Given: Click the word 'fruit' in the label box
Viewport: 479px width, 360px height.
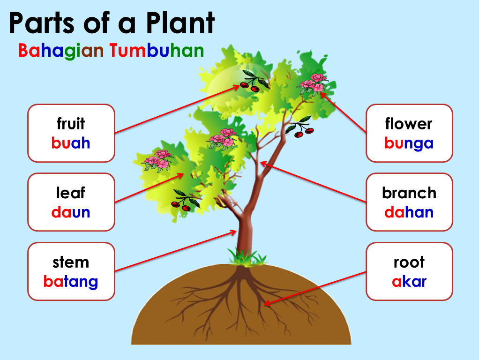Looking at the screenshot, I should (71, 124).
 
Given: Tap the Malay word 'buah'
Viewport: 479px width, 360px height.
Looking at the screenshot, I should (71, 142).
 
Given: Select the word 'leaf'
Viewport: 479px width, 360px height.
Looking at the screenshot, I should (71, 193).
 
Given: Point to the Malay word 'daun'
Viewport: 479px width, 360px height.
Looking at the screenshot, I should (71, 212).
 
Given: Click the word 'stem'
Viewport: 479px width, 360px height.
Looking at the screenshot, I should (71, 262).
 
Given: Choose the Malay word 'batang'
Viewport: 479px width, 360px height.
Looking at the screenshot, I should (71, 281).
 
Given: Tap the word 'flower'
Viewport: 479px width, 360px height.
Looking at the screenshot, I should (409, 124).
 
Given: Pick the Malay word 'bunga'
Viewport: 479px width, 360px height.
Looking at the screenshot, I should (409, 143).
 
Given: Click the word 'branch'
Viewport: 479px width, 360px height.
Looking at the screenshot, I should (409, 193).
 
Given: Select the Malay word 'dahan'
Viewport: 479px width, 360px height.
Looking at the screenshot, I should (409, 212).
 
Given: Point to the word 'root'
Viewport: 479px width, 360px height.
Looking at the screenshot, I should (409, 262).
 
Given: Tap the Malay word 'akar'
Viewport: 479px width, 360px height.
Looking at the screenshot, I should (409, 281).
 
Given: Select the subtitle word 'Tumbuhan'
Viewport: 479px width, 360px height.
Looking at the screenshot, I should (157, 51).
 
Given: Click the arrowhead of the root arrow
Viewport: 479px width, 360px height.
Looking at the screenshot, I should (266, 304).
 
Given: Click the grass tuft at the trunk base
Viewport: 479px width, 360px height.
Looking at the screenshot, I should (247, 257).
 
